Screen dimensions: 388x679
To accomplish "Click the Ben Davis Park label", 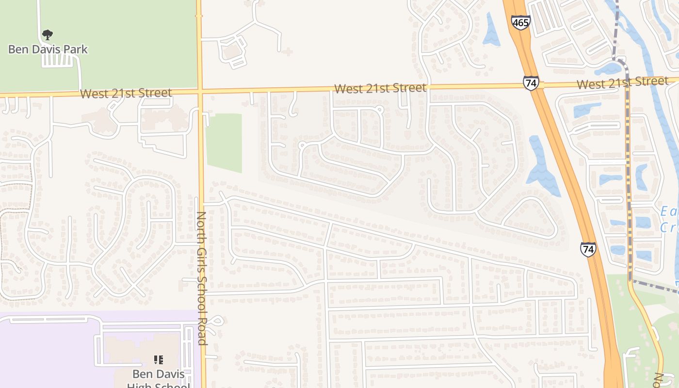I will coord(48,49).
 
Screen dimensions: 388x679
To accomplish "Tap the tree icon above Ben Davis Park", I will coord(47,34).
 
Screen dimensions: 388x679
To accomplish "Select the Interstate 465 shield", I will coord(520,22).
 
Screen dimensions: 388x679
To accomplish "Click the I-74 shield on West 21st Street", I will coord(531,83).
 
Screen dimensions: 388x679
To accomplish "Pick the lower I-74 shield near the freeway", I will coord(588,249).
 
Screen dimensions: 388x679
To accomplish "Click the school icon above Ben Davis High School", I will coord(158,360).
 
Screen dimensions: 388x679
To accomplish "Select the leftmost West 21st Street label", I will coord(126,93).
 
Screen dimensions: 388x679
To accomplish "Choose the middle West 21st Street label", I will coord(380,88).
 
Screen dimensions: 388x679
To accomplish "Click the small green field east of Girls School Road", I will coord(224,143).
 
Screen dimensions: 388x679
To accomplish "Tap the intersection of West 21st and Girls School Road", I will coord(199,91).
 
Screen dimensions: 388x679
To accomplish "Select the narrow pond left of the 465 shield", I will coord(491,30).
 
